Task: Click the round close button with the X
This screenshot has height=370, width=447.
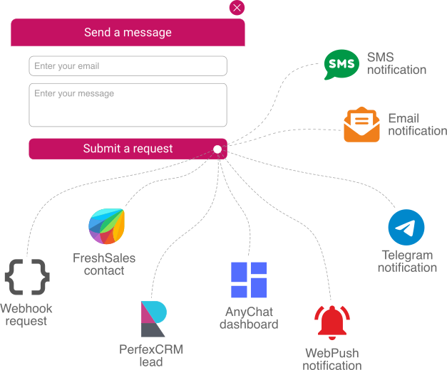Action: (237, 8)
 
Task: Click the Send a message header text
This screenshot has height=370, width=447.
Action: (128, 33)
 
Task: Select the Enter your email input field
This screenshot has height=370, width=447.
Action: (128, 66)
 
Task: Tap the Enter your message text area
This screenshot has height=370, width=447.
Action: (128, 105)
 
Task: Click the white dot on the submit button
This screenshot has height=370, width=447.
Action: (217, 149)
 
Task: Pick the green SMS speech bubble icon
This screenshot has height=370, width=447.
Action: (341, 65)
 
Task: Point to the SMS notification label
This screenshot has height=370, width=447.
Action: (396, 63)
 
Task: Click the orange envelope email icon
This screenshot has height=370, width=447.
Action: (361, 125)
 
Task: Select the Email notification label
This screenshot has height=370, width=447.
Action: (417, 125)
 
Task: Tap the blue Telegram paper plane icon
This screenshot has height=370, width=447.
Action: (406, 228)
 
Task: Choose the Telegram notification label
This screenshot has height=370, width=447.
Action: (407, 261)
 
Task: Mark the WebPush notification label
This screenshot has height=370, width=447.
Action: (332, 359)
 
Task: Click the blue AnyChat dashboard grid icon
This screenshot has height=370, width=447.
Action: (249, 280)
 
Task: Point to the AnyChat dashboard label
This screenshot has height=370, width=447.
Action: (249, 318)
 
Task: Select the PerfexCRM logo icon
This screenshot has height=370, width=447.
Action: (153, 319)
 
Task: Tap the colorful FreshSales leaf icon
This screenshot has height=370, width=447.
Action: (106, 227)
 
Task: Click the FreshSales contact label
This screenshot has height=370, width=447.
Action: (104, 264)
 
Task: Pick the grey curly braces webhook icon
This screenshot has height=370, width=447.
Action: (27, 277)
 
